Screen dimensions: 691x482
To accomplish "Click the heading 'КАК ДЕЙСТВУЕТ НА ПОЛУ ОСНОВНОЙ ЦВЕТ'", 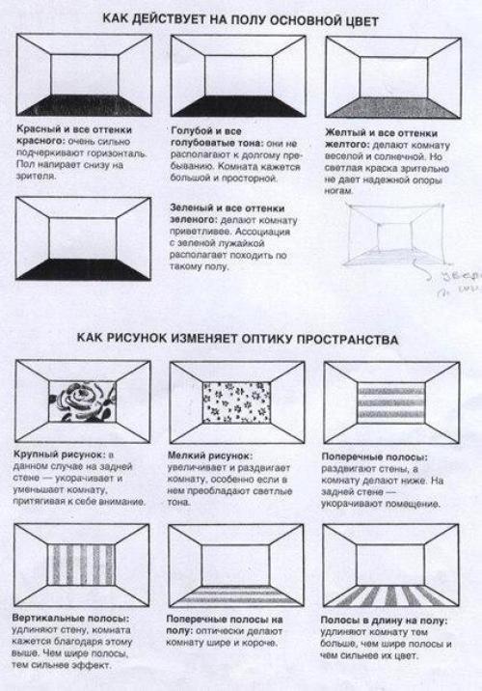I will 241,18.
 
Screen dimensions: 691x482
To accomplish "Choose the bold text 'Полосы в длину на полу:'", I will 376,616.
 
